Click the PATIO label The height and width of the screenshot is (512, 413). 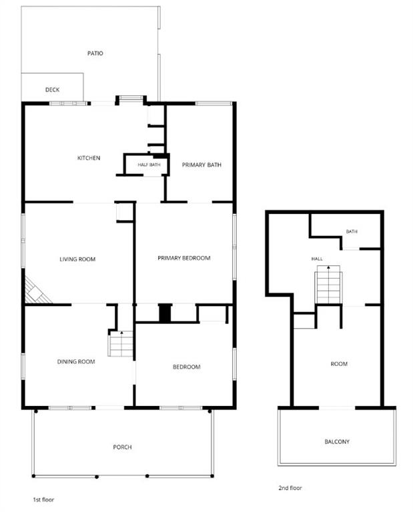tap(95, 53)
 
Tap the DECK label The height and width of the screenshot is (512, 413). tap(52, 89)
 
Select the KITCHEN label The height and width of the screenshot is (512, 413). tap(89, 158)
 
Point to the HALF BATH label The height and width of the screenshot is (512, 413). tap(149, 165)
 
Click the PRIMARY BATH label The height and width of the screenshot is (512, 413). tap(201, 165)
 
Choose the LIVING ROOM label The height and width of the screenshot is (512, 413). tap(77, 259)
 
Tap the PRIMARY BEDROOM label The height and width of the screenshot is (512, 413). tap(184, 258)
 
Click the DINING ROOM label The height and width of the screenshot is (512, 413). tap(76, 361)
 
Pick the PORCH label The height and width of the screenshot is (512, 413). tap(123, 447)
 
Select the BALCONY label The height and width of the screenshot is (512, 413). tap(337, 442)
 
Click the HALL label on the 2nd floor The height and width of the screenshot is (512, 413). tap(317, 259)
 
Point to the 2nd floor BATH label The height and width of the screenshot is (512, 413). tap(352, 231)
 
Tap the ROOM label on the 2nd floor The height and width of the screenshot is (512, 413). tap(339, 364)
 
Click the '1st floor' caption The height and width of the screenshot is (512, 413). tap(43, 499)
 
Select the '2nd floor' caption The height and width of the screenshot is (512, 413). tap(290, 488)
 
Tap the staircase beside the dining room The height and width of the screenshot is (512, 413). tap(121, 343)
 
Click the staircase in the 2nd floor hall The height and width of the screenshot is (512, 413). tap(328, 285)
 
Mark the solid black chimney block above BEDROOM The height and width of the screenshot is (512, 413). tap(165, 313)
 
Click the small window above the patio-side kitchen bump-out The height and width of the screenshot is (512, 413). tap(131, 97)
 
